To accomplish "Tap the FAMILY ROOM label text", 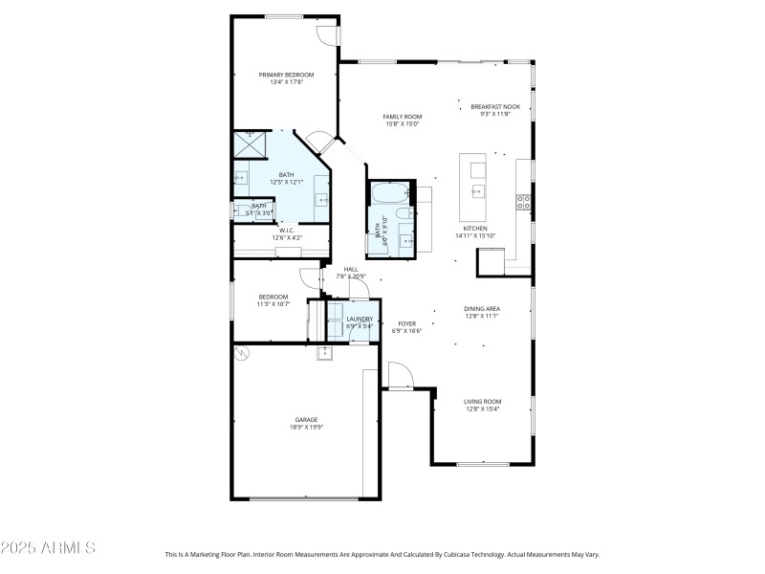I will pyautogui.click(x=403, y=117).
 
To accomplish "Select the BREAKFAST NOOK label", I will pyautogui.click(x=494, y=106).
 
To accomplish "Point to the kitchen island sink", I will pyautogui.click(x=476, y=190).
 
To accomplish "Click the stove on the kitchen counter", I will pyautogui.click(x=524, y=201).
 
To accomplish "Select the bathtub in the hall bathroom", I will pyautogui.click(x=389, y=192).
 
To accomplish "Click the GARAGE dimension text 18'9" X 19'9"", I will pyautogui.click(x=306, y=428).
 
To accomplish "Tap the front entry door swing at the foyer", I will pyautogui.click(x=397, y=375).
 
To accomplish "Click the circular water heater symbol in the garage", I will pyautogui.click(x=242, y=353).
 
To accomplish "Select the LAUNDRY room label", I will pyautogui.click(x=360, y=319).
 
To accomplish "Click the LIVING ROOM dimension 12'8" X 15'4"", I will pyautogui.click(x=483, y=409).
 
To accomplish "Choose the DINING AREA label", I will pyautogui.click(x=482, y=308).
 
